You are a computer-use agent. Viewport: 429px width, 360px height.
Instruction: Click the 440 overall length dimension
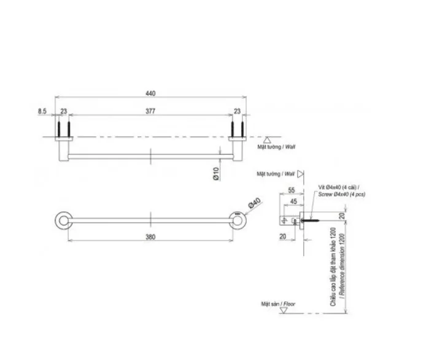click(x=150, y=93)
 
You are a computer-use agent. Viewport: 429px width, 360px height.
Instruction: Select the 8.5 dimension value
click(x=42, y=111)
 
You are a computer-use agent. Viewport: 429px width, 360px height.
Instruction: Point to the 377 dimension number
click(x=150, y=111)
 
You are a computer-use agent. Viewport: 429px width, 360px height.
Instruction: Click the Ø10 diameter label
click(x=216, y=174)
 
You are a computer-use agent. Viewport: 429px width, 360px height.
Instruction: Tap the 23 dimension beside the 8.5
click(x=63, y=111)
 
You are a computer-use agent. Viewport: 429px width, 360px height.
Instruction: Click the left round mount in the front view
click(x=63, y=220)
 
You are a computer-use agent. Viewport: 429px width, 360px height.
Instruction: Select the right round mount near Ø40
click(x=237, y=220)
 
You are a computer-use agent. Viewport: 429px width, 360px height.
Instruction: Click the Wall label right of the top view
click(x=274, y=147)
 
